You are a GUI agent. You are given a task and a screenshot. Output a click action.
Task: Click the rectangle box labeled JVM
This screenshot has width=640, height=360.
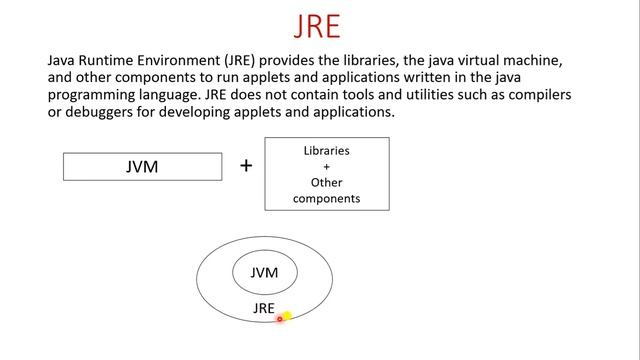(x=142, y=167)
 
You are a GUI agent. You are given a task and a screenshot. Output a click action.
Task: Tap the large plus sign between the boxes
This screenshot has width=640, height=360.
(x=246, y=165)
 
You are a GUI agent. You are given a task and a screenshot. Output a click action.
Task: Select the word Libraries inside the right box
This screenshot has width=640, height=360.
(x=327, y=151)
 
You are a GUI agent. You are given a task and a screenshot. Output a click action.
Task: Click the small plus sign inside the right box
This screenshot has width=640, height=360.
(x=327, y=167)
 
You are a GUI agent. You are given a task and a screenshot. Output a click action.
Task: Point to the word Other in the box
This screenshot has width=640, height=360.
(x=327, y=183)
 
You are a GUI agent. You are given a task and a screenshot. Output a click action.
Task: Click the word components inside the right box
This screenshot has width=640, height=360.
(x=327, y=199)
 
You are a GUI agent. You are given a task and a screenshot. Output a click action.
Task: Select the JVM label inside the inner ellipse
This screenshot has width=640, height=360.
(x=264, y=273)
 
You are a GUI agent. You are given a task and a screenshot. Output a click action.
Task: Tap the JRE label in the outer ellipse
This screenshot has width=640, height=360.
(x=264, y=309)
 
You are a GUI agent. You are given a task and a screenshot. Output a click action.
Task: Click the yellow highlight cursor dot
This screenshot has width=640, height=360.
(x=286, y=316)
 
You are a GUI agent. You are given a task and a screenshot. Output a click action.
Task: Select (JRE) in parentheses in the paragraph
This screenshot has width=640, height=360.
(x=258, y=61)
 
